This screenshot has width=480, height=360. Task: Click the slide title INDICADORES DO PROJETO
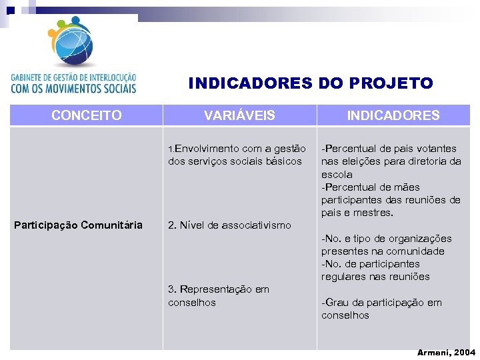tap(311, 83)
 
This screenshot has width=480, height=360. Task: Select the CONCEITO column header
tap(86, 115)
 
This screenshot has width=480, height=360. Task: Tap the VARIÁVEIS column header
tap(239, 115)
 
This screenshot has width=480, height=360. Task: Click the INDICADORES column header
tap(393, 115)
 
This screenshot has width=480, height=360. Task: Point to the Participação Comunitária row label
tap(78, 225)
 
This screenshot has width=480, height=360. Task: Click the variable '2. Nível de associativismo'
tap(229, 225)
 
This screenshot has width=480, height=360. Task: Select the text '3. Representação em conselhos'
tap(219, 296)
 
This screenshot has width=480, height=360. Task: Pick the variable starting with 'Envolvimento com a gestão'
tap(237, 155)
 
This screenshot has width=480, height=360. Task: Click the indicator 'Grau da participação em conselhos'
tap(381, 309)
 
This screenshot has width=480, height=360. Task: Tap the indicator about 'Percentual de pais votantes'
tap(391, 155)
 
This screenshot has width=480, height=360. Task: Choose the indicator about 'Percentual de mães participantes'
tap(391, 200)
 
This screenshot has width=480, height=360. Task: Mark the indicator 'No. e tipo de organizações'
tap(386, 245)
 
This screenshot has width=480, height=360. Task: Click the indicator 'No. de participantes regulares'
tap(375, 270)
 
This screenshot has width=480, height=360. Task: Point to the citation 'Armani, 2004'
tap(446, 352)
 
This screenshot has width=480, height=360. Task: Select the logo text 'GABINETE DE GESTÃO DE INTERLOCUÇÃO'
tap(73, 77)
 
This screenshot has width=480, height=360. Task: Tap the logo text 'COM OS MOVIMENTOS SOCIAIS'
tap(73, 88)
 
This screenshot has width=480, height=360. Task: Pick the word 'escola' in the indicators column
tap(337, 174)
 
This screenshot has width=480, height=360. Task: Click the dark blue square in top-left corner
tap(11, 10)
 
